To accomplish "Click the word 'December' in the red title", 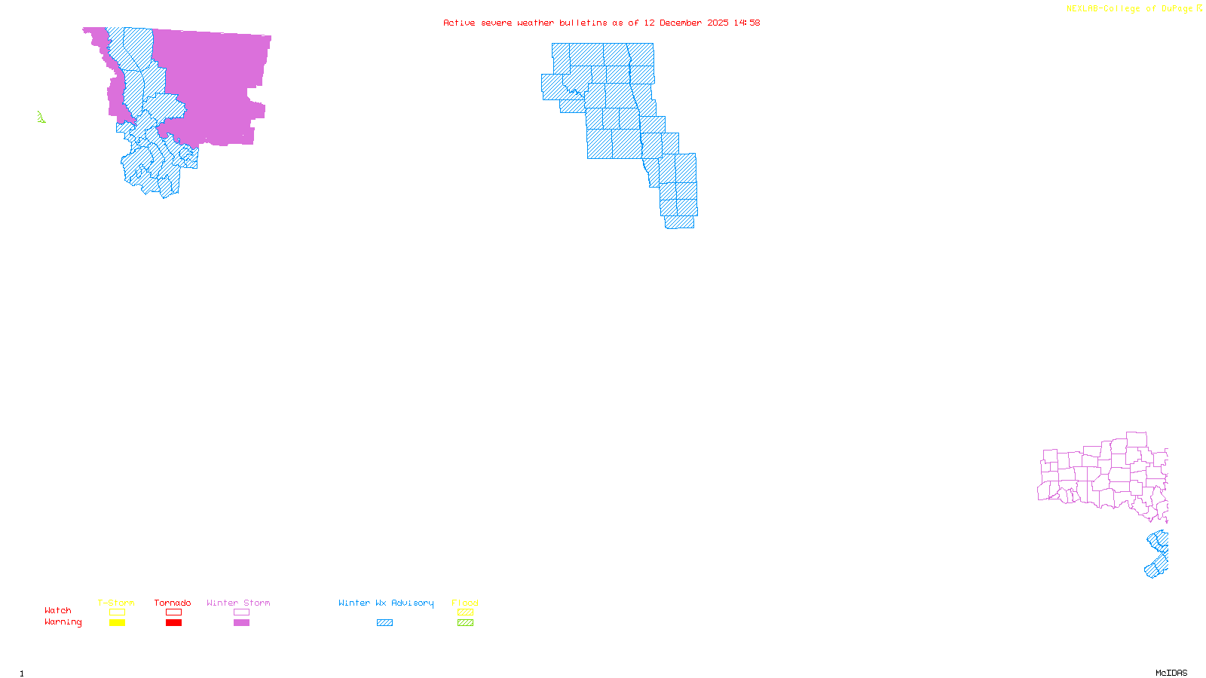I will pyautogui.click(x=681, y=23).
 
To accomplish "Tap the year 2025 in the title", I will pyautogui.click(x=718, y=23).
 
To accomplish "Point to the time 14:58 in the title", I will pyautogui.click(x=747, y=23).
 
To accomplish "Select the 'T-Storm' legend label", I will pyautogui.click(x=116, y=603).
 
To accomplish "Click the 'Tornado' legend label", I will pyautogui.click(x=173, y=603).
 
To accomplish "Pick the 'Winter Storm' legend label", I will pyautogui.click(x=238, y=603).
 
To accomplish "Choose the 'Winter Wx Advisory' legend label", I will pyautogui.click(x=386, y=603).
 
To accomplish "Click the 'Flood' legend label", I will pyautogui.click(x=465, y=603).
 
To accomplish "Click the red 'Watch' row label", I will pyautogui.click(x=58, y=610).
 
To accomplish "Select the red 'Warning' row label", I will pyautogui.click(x=63, y=622).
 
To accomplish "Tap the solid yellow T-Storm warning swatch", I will pyautogui.click(x=117, y=623).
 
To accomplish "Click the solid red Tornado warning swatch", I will pyautogui.click(x=173, y=623).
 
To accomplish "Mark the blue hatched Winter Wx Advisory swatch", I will pyautogui.click(x=384, y=623).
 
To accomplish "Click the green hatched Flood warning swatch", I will pyautogui.click(x=465, y=623).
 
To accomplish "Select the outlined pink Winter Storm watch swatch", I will pyautogui.click(x=241, y=612).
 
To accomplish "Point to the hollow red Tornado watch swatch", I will pyautogui.click(x=173, y=612).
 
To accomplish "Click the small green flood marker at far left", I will pyautogui.click(x=41, y=117).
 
